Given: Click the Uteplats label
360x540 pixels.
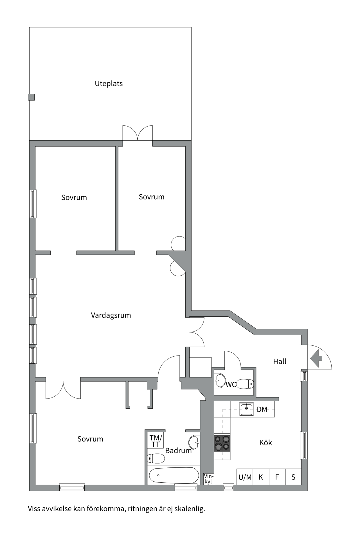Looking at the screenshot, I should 109,84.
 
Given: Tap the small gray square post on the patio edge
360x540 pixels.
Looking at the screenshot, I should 31,97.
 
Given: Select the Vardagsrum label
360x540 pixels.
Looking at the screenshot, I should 111,315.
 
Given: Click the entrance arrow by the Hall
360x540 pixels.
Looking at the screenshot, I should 316,358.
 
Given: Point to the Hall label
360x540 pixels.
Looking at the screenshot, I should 280,361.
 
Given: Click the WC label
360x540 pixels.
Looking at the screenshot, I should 231,384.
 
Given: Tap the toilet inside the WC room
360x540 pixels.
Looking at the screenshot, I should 245,384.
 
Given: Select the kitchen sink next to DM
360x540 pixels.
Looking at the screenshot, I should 246,409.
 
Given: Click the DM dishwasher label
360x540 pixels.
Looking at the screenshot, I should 262,409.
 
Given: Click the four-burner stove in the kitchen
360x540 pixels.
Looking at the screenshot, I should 222,443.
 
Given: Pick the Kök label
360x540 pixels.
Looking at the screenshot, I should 265,443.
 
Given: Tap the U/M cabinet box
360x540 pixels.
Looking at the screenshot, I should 245,477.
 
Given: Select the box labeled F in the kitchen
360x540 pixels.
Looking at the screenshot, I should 277,477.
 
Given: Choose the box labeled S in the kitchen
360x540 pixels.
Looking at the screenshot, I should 293,477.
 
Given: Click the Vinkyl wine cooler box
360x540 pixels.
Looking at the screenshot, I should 208,479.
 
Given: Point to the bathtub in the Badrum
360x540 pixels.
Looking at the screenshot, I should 171,475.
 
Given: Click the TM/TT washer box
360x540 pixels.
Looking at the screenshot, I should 156,441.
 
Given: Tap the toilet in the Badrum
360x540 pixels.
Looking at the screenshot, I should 156,459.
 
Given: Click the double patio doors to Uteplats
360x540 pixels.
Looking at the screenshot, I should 138,133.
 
